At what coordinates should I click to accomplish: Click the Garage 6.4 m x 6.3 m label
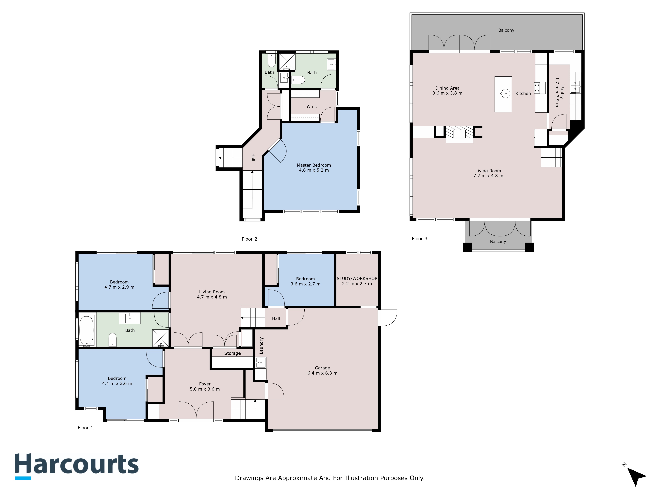322,371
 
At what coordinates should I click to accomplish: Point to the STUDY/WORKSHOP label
357,278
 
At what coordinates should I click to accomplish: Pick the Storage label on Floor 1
232,353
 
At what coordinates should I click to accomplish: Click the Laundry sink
260,363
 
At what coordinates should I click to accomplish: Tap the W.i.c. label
312,107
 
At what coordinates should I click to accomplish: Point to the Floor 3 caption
419,239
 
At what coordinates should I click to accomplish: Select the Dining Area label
447,88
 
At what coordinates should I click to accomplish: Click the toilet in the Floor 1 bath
112,340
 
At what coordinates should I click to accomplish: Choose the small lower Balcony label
498,242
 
